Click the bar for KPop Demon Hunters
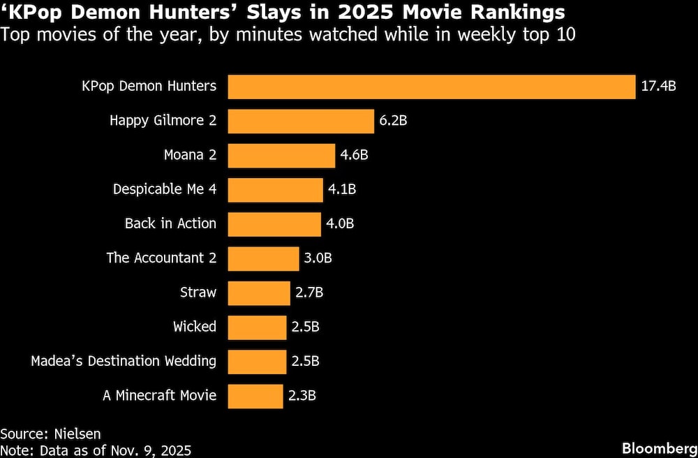pyautogui.click(x=431, y=87)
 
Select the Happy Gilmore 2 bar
pyautogui.click(x=301, y=121)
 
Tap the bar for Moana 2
pyautogui.click(x=281, y=155)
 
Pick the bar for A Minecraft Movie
pyautogui.click(x=255, y=395)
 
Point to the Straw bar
pyautogui.click(x=259, y=293)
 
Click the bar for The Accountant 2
pyautogui.click(x=262, y=258)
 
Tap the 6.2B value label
pyautogui.click(x=393, y=121)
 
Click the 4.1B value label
pyautogui.click(x=342, y=189)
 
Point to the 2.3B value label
pyautogui.click(x=302, y=395)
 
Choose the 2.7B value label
pyautogui.click(x=309, y=293)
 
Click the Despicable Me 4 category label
pyautogui.click(x=165, y=189)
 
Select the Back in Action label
pyautogui.click(x=170, y=223)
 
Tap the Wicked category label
pyautogui.click(x=195, y=327)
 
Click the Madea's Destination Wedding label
pyautogui.click(x=124, y=361)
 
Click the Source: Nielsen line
pyautogui.click(x=45, y=434)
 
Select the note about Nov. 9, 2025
pyautogui.click(x=96, y=450)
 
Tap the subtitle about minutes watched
pyautogui.click(x=288, y=34)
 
